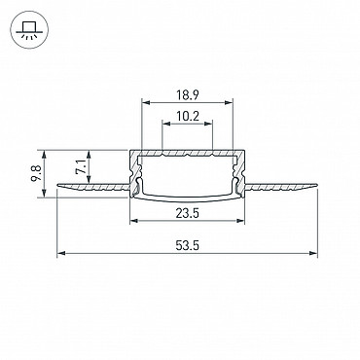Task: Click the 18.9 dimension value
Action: point(188,95)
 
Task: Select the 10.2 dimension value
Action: point(188,116)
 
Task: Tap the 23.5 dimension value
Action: point(187,213)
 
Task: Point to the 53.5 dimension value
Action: point(187,245)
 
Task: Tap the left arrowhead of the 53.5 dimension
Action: point(61,253)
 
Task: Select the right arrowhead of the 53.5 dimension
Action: point(312,253)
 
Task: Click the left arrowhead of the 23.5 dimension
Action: point(134,221)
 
